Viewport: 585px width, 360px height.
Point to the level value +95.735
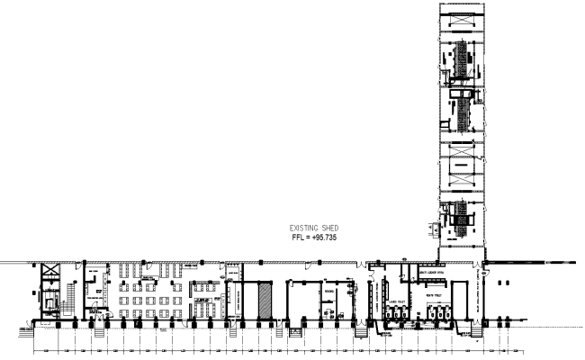tap(322, 238)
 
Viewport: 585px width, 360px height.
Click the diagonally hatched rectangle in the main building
tap(265, 299)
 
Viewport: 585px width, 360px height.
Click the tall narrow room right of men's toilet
tap(460, 299)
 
